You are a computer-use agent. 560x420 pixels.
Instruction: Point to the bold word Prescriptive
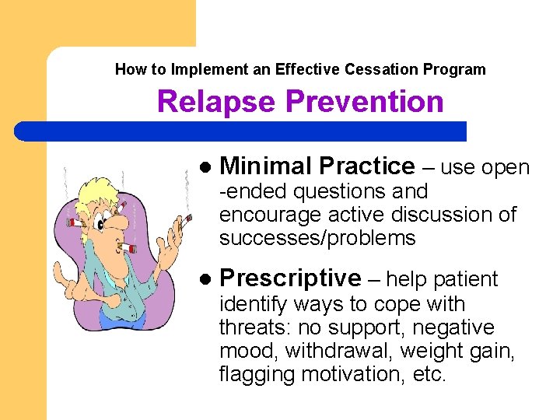click(290, 278)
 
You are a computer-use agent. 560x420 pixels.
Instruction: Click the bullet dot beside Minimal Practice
click(205, 167)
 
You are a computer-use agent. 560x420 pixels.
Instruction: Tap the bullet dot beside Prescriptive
click(205, 278)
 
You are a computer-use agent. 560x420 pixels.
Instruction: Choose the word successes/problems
click(317, 238)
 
